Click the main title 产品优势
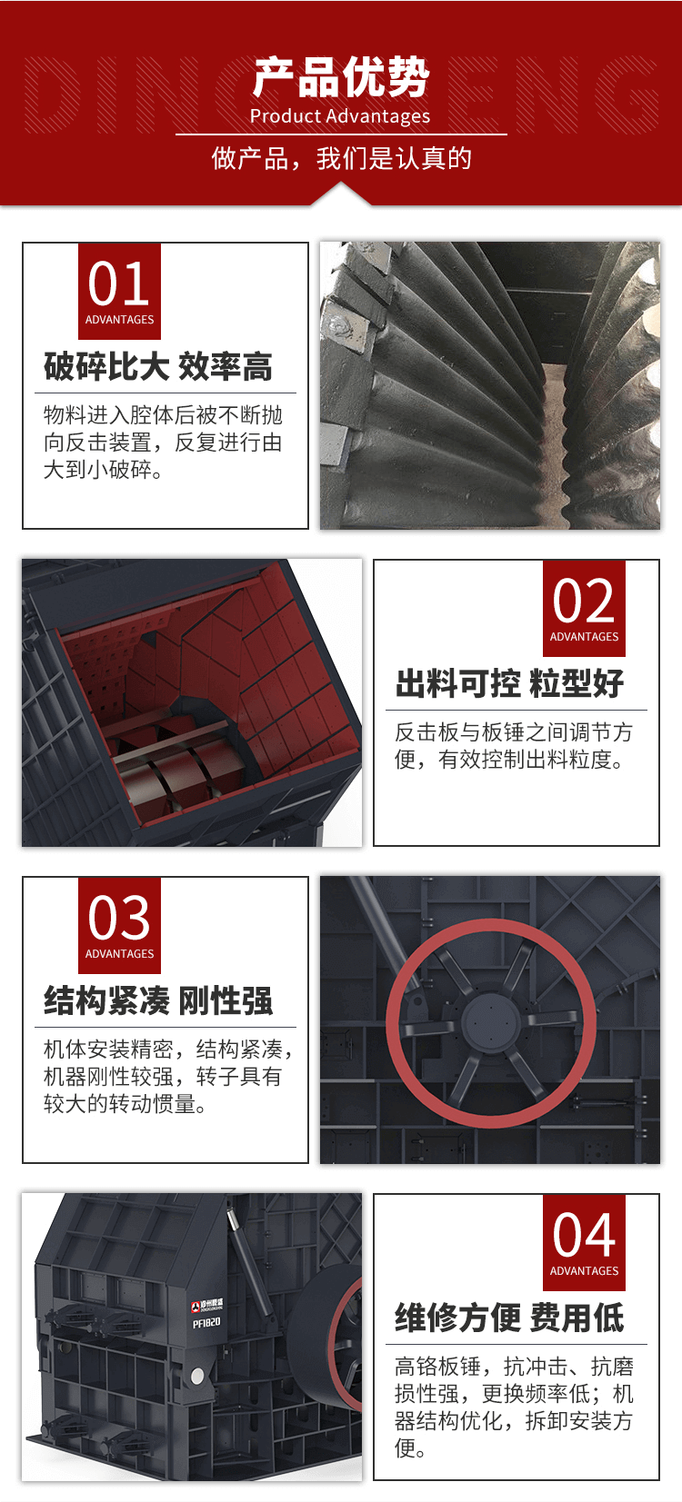(x=341, y=77)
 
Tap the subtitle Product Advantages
(x=340, y=116)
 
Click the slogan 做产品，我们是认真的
(x=342, y=159)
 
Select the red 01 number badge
(x=119, y=291)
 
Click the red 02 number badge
(x=584, y=608)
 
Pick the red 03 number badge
(x=119, y=925)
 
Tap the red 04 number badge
(x=584, y=1242)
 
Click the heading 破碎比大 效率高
(x=158, y=366)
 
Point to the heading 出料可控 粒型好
(x=509, y=683)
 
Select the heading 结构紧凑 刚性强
(x=158, y=1000)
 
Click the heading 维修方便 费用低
(x=509, y=1318)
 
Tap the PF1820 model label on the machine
(x=206, y=1323)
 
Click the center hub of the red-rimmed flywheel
(x=491, y=1022)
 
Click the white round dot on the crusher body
(x=197, y=1377)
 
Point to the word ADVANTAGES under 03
(x=119, y=953)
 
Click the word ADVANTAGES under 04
(x=584, y=1270)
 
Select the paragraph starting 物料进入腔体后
(x=163, y=443)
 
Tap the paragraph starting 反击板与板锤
(x=514, y=746)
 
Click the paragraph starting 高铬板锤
(x=514, y=1408)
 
